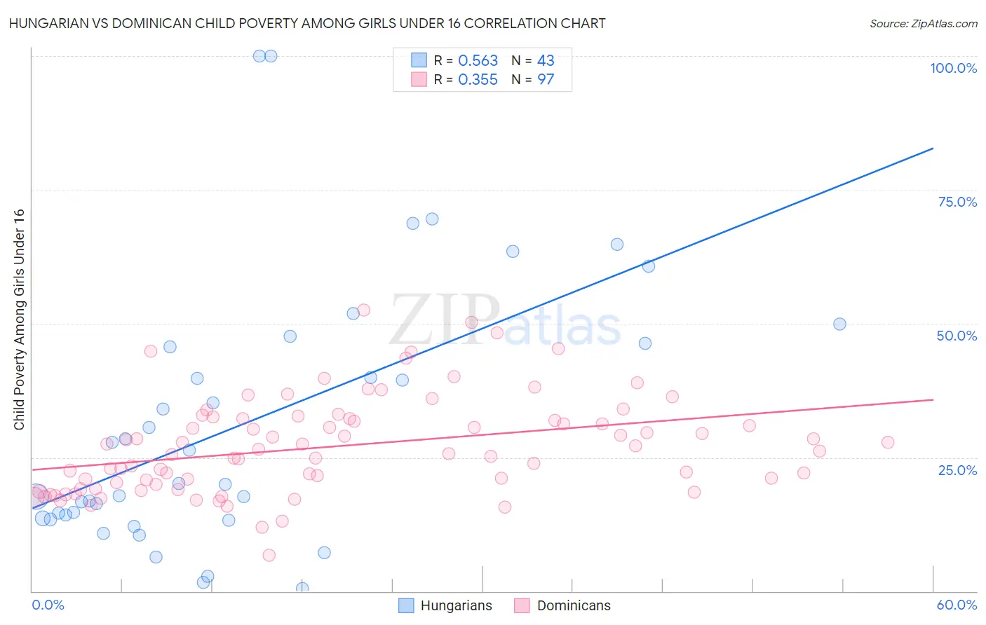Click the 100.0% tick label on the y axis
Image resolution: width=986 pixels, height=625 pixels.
pyautogui.click(x=953, y=68)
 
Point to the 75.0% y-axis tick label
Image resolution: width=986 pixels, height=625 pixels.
pyautogui.click(x=957, y=202)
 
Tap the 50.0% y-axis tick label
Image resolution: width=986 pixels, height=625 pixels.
pyautogui.click(x=957, y=336)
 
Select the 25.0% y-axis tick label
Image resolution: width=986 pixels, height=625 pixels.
pyautogui.click(x=957, y=469)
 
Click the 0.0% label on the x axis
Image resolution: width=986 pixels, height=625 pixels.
pyautogui.click(x=48, y=605)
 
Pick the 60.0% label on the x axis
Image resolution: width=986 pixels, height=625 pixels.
pyautogui.click(x=957, y=605)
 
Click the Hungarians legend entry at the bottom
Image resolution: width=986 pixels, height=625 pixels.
pyautogui.click(x=446, y=605)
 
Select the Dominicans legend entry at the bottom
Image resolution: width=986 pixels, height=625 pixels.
pyautogui.click(x=562, y=605)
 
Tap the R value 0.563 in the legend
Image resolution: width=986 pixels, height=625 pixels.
pyautogui.click(x=478, y=61)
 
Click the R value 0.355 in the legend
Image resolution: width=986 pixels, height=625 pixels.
pyautogui.click(x=478, y=80)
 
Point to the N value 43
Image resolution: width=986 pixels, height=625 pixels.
pyautogui.click(x=546, y=61)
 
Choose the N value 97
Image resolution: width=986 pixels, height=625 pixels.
pyautogui.click(x=546, y=80)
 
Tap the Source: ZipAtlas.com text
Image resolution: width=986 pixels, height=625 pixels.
pyautogui.click(x=923, y=23)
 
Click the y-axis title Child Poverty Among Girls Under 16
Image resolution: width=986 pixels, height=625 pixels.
pyautogui.click(x=19, y=320)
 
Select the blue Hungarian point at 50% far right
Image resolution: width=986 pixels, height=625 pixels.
pyautogui.click(x=839, y=324)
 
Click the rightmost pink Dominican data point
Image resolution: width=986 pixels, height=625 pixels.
pyautogui.click(x=888, y=442)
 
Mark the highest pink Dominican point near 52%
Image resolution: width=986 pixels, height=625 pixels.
pyautogui.click(x=363, y=310)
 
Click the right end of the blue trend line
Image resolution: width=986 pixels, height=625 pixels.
pyautogui.click(x=933, y=148)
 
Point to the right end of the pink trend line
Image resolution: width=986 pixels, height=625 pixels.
pyautogui.click(x=933, y=399)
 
